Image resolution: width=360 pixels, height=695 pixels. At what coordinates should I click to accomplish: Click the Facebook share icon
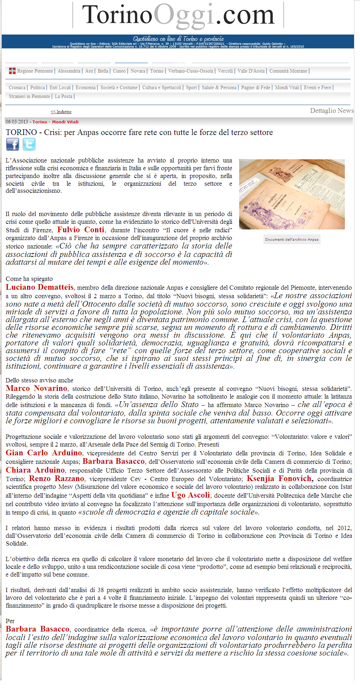tap(12, 144)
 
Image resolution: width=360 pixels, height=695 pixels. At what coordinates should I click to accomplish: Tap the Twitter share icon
tap(29, 144)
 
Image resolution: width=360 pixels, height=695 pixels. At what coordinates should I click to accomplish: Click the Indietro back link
tap(61, 112)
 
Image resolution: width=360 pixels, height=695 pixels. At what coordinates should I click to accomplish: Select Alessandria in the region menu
tap(69, 71)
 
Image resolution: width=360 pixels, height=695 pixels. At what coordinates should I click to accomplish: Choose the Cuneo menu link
tap(119, 71)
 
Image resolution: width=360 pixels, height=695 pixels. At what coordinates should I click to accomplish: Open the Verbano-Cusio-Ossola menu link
tap(191, 71)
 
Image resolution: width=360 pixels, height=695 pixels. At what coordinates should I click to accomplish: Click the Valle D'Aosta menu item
tap(251, 71)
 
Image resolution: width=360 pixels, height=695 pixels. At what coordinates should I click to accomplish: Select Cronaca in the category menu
tap(17, 87)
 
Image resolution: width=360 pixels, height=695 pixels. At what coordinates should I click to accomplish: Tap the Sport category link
tap(191, 87)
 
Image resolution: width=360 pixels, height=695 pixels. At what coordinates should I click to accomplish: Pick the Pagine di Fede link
tap(256, 87)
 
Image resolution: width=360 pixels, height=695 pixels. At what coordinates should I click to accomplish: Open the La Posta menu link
tap(63, 96)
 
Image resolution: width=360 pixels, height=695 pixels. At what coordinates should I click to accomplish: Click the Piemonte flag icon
tap(12, 71)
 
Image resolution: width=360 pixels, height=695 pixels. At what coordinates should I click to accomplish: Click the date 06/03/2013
tap(17, 122)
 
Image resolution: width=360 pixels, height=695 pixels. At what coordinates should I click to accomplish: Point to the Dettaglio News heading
tap(331, 111)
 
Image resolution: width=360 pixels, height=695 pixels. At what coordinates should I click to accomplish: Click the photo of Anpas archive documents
tap(292, 194)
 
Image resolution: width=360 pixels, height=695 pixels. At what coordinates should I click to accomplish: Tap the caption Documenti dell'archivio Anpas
tap(292, 239)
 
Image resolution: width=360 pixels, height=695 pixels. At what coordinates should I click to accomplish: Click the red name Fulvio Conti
tap(81, 230)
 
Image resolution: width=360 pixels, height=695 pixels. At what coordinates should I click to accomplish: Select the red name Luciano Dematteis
tap(39, 287)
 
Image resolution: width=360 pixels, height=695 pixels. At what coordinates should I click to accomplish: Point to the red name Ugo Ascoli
tap(191, 495)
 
